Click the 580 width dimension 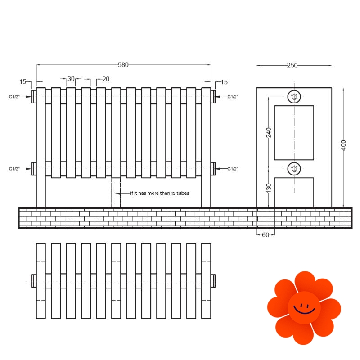(x=123, y=65)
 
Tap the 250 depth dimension (x=292, y=65)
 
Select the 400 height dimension (x=343, y=145)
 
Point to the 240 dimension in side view (x=268, y=132)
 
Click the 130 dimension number (x=268, y=188)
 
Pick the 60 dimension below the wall (x=265, y=235)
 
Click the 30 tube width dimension (x=71, y=79)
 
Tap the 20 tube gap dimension (x=106, y=79)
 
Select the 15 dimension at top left (x=23, y=81)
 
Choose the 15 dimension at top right (x=224, y=82)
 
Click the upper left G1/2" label (x=14, y=97)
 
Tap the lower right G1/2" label (x=233, y=169)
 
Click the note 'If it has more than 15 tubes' (x=160, y=193)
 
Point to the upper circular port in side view (x=294, y=97)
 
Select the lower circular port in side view (x=294, y=169)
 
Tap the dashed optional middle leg (x=116, y=193)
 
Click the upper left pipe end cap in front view (x=34, y=97)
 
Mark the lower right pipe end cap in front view (x=213, y=169)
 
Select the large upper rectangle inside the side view (x=294, y=133)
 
